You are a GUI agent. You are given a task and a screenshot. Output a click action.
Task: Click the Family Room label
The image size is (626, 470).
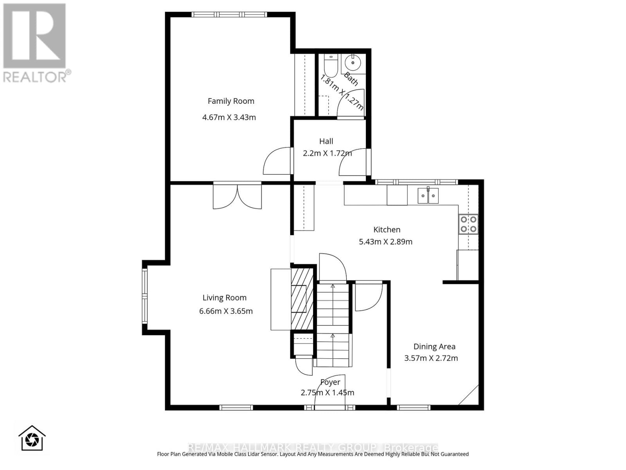231,101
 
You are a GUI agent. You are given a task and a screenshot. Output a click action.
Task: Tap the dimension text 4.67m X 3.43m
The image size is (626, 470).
229,117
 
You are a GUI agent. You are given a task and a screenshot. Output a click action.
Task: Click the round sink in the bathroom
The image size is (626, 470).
353,62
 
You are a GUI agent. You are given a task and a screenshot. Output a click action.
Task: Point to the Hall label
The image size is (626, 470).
326,141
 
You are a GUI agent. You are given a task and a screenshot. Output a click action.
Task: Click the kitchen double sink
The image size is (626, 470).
428,195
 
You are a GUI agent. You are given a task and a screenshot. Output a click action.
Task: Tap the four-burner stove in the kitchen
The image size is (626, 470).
468,224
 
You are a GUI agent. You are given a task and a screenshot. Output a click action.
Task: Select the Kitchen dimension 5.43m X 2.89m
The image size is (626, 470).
385,242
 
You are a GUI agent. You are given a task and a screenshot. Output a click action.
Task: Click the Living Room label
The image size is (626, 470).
224,298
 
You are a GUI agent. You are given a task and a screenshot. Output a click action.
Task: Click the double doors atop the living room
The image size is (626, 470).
237,196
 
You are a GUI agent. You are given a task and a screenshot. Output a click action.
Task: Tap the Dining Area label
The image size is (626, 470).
434,346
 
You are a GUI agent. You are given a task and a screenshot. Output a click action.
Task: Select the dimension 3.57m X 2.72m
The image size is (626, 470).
431,358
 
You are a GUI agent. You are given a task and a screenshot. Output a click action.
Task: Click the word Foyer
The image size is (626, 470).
330,382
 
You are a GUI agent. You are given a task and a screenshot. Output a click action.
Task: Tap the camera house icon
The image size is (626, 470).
32,438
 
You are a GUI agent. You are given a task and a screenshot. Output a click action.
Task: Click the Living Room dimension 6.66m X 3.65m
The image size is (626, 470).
226,311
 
